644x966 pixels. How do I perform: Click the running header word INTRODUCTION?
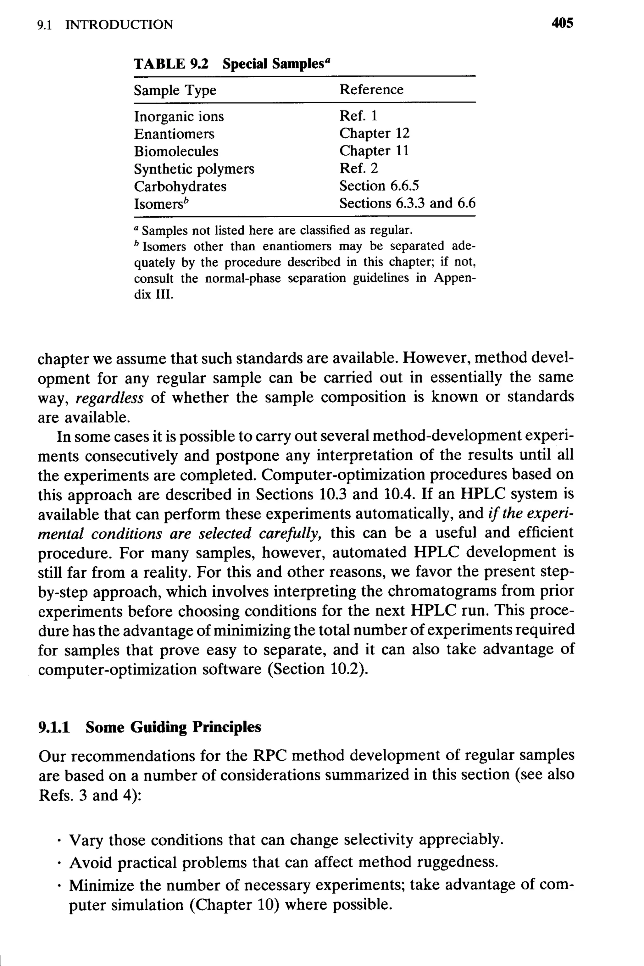point(119,25)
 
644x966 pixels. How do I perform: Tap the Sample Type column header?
point(175,90)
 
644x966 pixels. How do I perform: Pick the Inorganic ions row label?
point(179,117)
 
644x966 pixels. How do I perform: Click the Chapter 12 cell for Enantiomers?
point(374,133)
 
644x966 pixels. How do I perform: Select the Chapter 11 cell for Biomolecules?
point(374,151)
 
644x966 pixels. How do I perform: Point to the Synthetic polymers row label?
point(194,169)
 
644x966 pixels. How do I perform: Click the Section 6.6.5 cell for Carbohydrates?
point(379,186)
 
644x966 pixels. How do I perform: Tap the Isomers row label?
point(158,204)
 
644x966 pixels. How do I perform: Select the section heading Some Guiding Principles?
point(173,727)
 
